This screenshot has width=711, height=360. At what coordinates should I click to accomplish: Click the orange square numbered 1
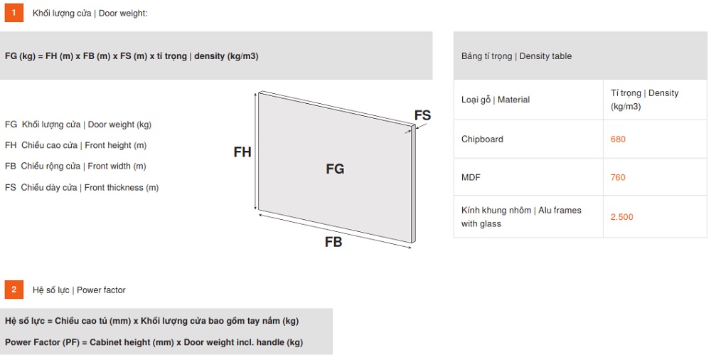pos(14,13)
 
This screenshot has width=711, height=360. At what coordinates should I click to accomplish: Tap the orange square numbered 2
pos(14,290)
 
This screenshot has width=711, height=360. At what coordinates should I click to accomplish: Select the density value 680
pos(618,139)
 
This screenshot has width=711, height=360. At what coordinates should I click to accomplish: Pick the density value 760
pos(618,177)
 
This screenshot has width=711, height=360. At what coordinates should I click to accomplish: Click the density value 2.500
pos(621,217)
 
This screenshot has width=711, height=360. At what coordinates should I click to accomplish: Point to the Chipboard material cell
pos(482,139)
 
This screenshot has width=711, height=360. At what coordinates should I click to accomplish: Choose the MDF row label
pos(471,177)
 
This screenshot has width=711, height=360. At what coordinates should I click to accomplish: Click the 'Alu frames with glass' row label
pos(521,217)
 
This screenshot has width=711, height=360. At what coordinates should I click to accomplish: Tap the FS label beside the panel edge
pos(422,115)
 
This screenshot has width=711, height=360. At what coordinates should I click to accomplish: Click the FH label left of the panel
pos(242,152)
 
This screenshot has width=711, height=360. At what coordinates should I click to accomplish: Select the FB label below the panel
pos(333,242)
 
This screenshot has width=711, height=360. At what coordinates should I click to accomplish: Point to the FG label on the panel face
pos(335,169)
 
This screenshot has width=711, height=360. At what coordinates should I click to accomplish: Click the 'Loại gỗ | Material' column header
pos(495,100)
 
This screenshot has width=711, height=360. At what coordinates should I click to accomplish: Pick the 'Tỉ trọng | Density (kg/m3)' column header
pos(644,100)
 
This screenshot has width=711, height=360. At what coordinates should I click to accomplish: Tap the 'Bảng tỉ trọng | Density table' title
pos(516,56)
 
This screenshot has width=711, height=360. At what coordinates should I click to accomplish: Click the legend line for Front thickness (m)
pos(82,188)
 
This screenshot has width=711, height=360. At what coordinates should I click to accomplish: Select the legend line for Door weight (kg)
pos(78,125)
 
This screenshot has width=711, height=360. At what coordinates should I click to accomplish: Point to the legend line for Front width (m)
pos(75,166)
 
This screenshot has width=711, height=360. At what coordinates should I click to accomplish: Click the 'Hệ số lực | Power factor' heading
pos(79,290)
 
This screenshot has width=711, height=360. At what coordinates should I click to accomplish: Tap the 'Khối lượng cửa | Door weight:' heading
pos(90,14)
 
